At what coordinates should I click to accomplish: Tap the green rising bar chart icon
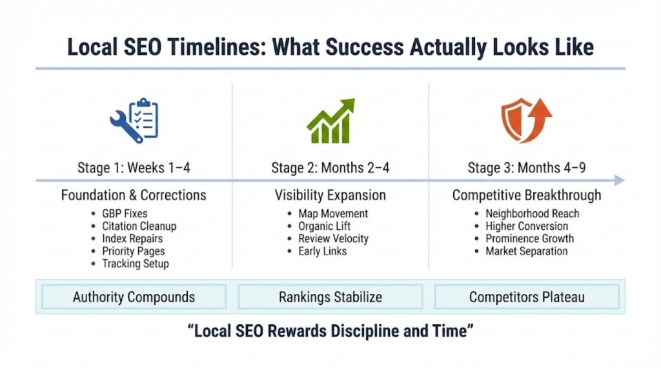point(330,121)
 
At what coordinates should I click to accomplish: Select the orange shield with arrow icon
point(526,121)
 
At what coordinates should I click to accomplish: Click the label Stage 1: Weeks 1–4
point(134,169)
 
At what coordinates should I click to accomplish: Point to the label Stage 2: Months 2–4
point(330,169)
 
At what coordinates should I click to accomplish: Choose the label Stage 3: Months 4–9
point(526,169)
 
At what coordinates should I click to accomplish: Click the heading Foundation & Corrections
point(134,195)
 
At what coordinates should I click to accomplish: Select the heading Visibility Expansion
point(330,195)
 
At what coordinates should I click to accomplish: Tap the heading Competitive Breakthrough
point(526,195)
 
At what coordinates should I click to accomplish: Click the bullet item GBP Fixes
point(124,214)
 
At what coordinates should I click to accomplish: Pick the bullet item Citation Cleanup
point(139,226)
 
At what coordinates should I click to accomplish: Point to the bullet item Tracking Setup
point(136,263)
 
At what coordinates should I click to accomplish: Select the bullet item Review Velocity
point(334,238)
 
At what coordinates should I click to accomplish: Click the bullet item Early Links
point(323,251)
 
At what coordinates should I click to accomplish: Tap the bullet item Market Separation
point(526,251)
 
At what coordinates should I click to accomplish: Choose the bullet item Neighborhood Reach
point(532,214)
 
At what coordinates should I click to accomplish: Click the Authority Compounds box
point(134,297)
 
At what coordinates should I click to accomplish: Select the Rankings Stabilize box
point(330,297)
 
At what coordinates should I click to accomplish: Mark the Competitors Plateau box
point(526,297)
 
